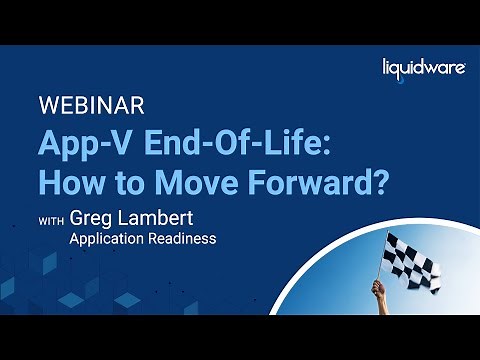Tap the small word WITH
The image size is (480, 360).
coord(52,221)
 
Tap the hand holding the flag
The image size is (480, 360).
coord(379,290)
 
